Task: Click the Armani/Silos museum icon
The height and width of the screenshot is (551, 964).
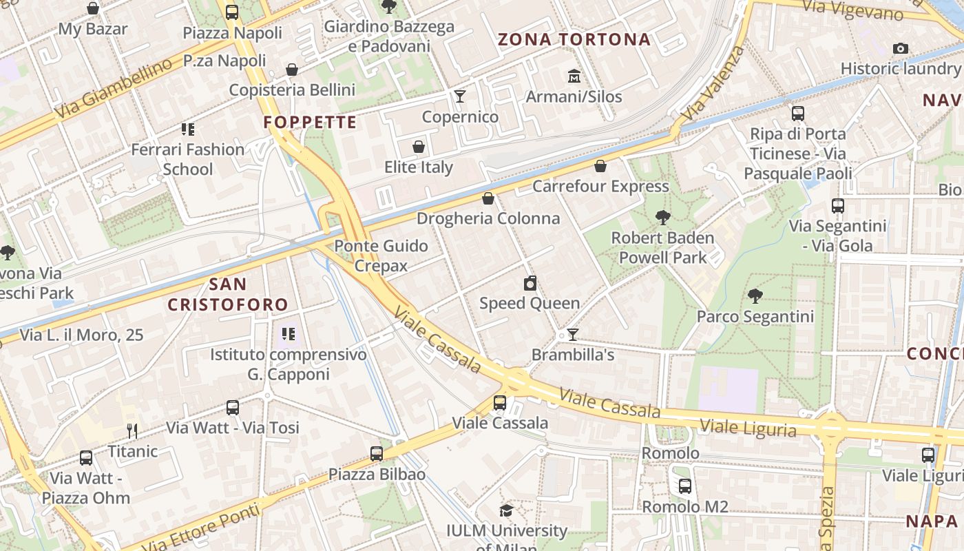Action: [574, 76]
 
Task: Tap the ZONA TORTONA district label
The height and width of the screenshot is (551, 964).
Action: [574, 39]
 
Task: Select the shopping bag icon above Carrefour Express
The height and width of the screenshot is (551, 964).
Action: [600, 166]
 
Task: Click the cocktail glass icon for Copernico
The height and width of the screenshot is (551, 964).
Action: [460, 96]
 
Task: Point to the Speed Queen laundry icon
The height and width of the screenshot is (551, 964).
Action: [530, 283]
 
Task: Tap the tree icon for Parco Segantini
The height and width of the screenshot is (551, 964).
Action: [755, 296]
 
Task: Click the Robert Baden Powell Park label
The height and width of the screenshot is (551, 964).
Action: [662, 248]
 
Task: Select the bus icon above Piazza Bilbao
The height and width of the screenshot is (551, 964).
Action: [376, 454]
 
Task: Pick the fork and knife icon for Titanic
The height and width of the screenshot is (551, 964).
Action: [132, 431]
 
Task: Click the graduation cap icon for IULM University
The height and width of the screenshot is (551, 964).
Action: [506, 510]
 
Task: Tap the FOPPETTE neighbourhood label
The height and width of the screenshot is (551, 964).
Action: [310, 123]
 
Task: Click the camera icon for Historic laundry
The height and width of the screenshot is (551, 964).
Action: [900, 48]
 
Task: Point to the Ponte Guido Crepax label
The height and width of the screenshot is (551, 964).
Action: [381, 256]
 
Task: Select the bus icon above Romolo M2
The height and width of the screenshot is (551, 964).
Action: [684, 486]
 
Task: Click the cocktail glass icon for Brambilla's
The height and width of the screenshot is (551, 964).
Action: [572, 335]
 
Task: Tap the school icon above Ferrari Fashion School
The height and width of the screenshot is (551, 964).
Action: [187, 129]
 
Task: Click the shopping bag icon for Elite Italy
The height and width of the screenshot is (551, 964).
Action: [418, 147]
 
